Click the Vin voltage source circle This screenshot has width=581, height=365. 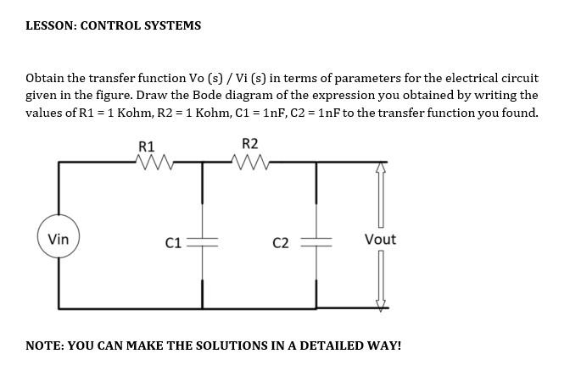point(58,240)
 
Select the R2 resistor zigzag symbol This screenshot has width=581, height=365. point(253,161)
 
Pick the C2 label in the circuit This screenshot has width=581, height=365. point(281,244)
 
